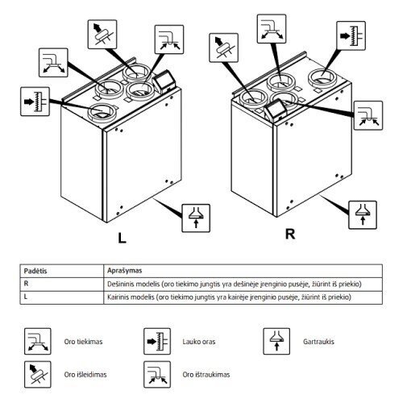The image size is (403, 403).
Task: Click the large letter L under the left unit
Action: tap(123, 238)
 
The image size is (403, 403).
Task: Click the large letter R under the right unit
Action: tap(290, 234)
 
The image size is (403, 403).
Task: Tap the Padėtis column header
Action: tap(35, 271)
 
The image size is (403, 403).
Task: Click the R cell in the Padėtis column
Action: tap(26, 284)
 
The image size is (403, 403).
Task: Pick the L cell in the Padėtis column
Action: tap(26, 297)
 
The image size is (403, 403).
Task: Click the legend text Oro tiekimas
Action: tap(83, 342)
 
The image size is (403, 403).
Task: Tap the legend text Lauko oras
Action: tap(199, 342)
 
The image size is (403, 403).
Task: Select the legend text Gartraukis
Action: tap(318, 342)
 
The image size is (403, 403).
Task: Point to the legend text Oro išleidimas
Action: tap(85, 375)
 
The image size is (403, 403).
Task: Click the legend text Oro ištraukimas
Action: tap(206, 375)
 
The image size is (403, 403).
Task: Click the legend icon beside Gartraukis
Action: tap(276, 341)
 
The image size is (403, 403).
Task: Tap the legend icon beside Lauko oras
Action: tap(157, 341)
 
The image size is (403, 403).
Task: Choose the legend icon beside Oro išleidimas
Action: tap(38, 374)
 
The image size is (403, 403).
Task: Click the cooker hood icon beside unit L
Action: tap(196, 218)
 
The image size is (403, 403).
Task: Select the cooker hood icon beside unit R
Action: tap(363, 215)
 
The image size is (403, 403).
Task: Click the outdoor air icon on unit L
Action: tap(35, 102)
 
